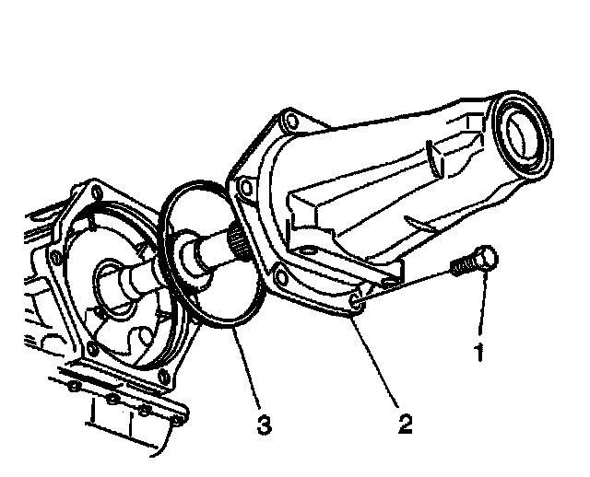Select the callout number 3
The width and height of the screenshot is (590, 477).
click(x=264, y=424)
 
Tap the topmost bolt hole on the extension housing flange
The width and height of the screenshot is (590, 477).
click(x=291, y=121)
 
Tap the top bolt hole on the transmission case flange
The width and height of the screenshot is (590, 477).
click(x=95, y=192)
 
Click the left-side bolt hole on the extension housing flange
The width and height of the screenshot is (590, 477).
click(x=244, y=190)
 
